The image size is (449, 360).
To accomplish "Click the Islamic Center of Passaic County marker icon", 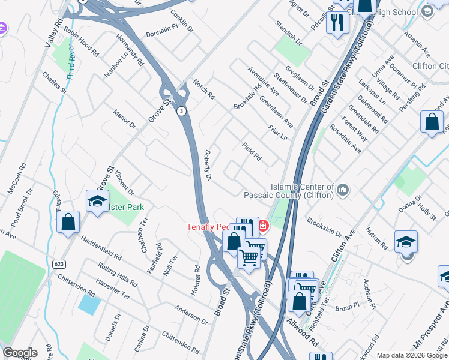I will (343, 190).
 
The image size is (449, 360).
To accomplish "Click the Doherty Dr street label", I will (208, 165).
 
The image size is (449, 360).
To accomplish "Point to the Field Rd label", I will (252, 152).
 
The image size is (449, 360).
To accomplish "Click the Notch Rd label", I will (203, 88).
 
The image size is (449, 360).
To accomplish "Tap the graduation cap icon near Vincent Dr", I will (97, 202).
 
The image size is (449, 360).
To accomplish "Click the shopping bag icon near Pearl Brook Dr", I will (68, 223).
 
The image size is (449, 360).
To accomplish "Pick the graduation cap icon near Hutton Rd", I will (406, 242).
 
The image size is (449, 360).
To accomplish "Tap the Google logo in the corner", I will (19, 353).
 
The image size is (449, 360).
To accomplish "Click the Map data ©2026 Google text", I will (412, 355).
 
